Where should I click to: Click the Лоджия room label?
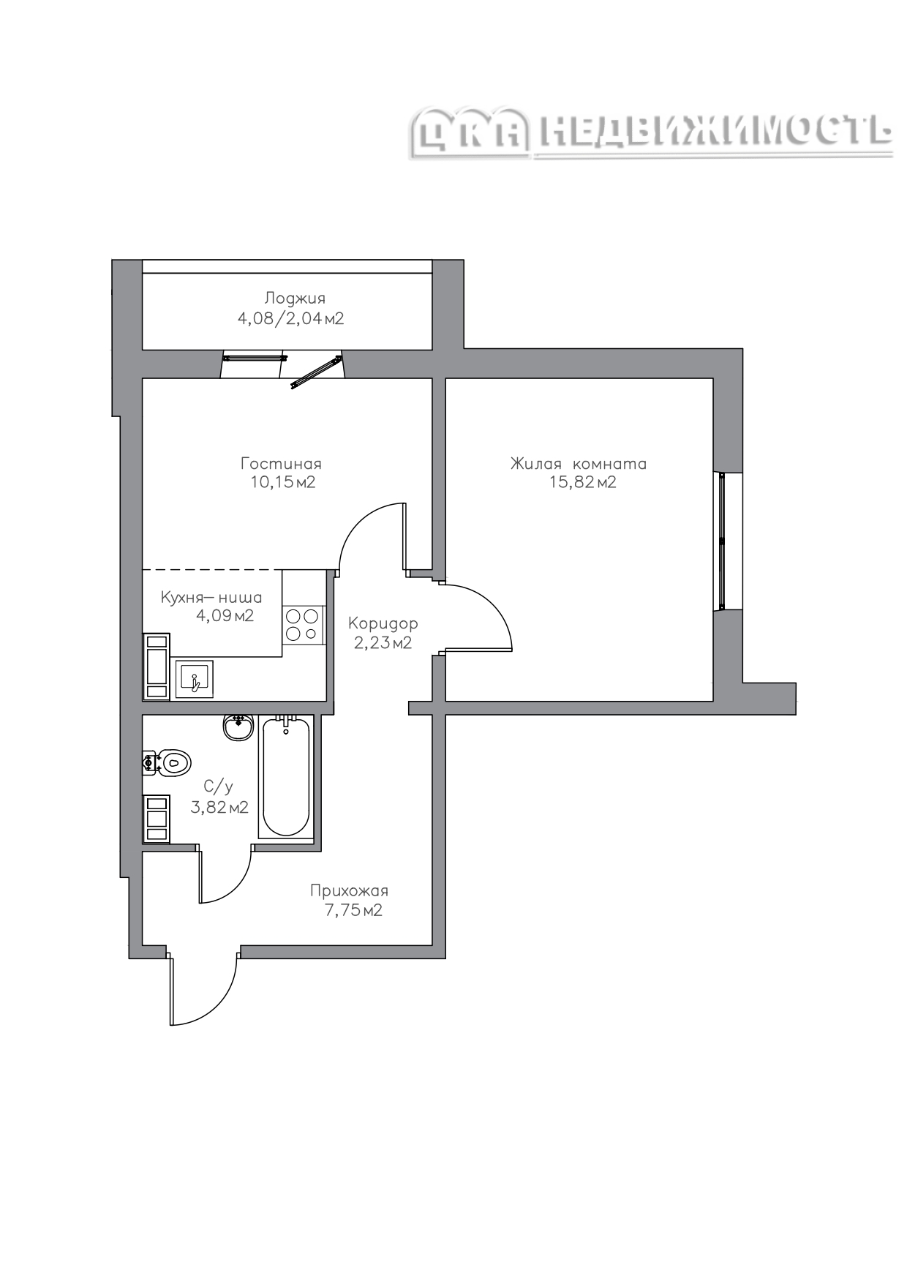[295, 299]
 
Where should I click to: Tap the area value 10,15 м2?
[282, 482]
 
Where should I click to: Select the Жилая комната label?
[579, 464]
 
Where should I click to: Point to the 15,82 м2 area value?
[583, 482]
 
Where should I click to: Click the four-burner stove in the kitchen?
[303, 625]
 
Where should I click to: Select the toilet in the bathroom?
[168, 762]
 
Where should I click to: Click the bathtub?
[285, 777]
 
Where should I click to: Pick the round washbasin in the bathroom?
[238, 727]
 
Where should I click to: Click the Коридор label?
[383, 624]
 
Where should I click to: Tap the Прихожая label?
[349, 891]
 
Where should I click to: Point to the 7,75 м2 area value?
[353, 911]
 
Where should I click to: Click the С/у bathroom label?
[218, 787]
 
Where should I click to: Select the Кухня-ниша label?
[211, 598]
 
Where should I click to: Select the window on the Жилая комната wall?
[722, 541]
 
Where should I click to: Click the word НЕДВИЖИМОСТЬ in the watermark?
[716, 132]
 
